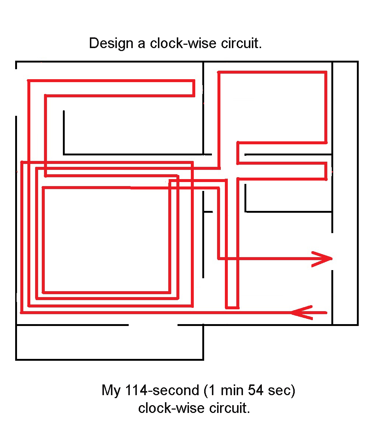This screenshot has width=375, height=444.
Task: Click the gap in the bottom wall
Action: [x=153, y=325]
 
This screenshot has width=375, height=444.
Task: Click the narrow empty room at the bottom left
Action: [x=109, y=342]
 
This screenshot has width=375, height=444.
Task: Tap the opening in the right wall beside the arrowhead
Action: [x=332, y=252]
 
